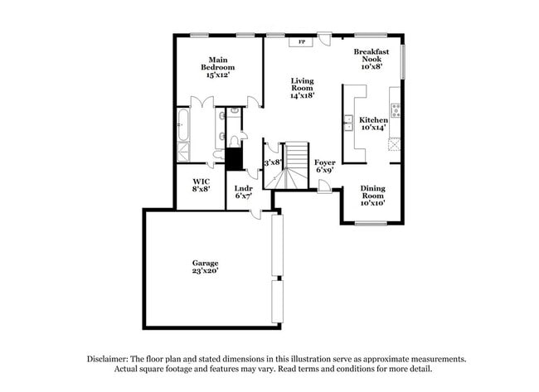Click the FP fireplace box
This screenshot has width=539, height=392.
point(301,41)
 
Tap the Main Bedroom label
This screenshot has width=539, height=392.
point(217,60)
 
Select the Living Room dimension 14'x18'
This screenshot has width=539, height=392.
point(301,95)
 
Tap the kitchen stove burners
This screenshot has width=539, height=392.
point(396,110)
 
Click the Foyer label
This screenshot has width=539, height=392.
point(324,162)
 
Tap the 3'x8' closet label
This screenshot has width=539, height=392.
point(272,162)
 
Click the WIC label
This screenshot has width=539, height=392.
point(202,181)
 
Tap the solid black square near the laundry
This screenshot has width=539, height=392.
point(233,158)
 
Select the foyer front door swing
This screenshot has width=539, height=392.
point(324,187)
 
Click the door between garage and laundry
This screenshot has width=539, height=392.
point(257,214)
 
